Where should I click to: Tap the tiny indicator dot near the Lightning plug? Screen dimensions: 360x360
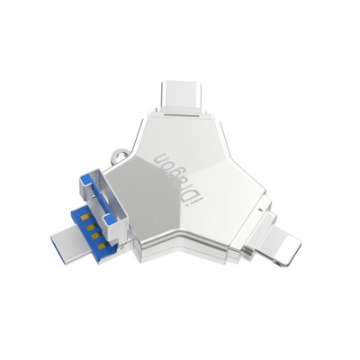click(259, 210)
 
